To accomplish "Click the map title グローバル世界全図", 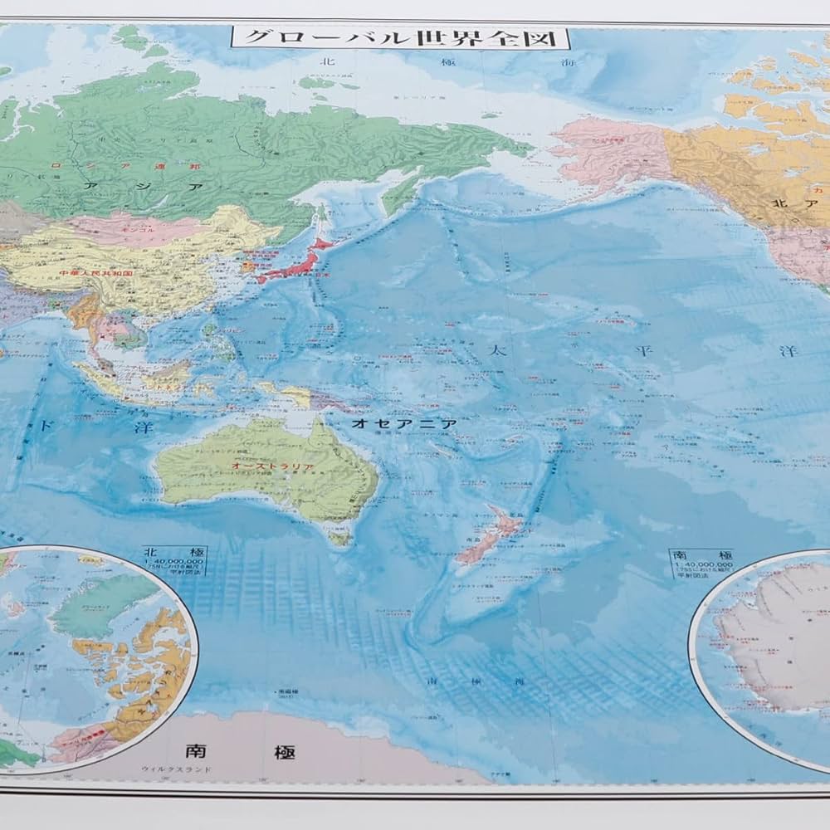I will (x=400, y=37).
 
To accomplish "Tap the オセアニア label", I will (x=404, y=423).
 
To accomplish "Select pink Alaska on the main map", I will (x=614, y=154).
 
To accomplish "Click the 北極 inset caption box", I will (x=173, y=560).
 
